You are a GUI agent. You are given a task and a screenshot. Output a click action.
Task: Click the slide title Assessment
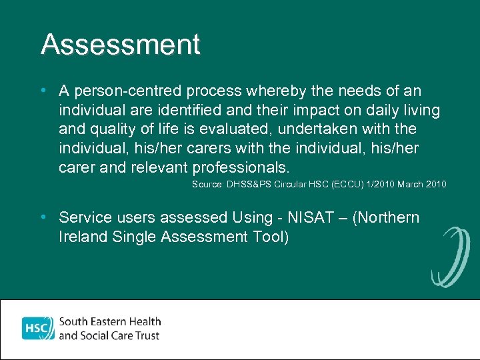point(120,45)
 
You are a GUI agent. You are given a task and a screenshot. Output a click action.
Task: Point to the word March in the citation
point(412,184)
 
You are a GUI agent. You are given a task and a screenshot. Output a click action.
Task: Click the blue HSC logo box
point(37,328)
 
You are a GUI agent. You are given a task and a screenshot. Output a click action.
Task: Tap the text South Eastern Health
point(111,321)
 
